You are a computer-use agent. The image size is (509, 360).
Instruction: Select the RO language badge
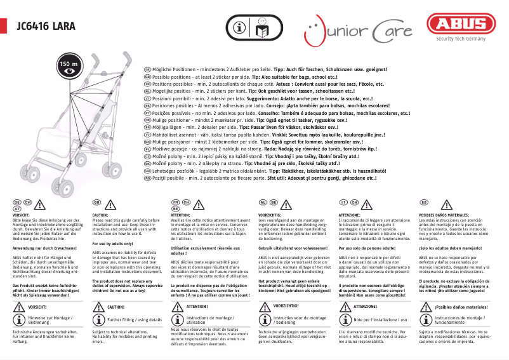pyautogui.click(x=147, y=179)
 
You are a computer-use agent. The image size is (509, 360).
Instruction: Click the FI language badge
pyautogui.click(x=147, y=135)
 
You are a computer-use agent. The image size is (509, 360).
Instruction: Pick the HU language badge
pyautogui.click(x=147, y=171)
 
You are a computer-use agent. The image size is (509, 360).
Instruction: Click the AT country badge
pyautogui.click(x=18, y=208)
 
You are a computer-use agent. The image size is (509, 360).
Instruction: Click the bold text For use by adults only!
pyautogui.click(x=114, y=243)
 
